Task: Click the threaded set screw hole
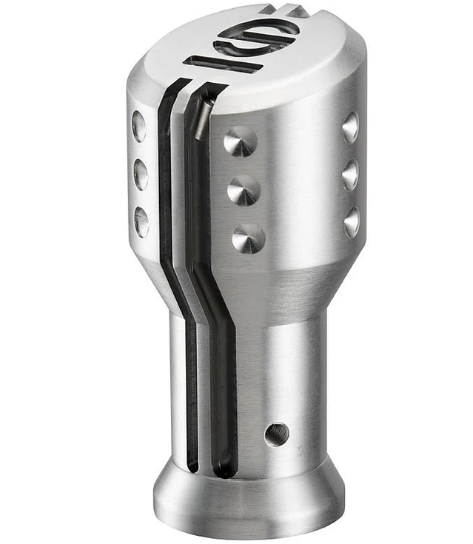[276, 434]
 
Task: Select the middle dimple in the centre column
[243, 190]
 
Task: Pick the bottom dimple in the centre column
[248, 238]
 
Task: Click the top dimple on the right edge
[350, 127]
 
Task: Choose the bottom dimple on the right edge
[352, 221]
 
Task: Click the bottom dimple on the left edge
[141, 221]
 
